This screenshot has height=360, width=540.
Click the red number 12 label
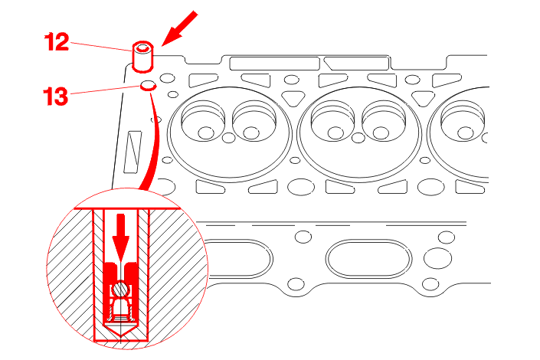(x=57, y=42)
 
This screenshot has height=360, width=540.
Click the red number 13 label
(x=55, y=96)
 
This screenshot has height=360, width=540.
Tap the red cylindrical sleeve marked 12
(x=143, y=57)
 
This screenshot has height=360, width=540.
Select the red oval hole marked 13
(x=149, y=86)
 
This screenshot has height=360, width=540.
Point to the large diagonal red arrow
(x=179, y=28)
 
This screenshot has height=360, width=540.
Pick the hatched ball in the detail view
(x=121, y=289)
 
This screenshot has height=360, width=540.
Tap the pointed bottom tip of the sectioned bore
(x=121, y=336)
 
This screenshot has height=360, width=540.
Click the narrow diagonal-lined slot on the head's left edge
(x=133, y=152)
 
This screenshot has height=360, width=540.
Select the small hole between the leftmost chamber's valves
(x=229, y=138)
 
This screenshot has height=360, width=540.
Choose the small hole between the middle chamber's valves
(x=358, y=138)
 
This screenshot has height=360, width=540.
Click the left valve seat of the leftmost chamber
(x=203, y=120)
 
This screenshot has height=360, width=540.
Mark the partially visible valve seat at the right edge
(x=463, y=120)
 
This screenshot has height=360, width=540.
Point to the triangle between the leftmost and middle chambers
(x=293, y=98)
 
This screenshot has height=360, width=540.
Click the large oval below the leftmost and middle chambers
(x=301, y=187)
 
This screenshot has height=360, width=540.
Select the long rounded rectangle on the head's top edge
(x=274, y=64)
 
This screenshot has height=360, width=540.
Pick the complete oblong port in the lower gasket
(x=368, y=259)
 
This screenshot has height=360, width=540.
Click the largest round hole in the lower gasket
(x=437, y=258)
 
